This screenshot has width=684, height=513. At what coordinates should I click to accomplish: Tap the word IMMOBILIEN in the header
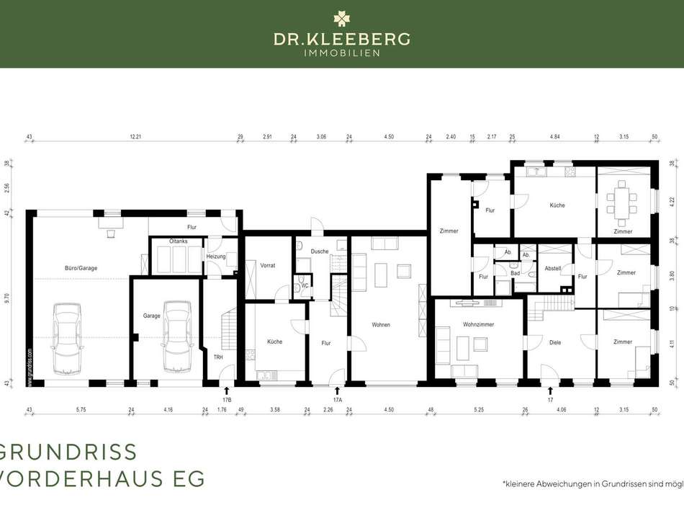coord(341,53)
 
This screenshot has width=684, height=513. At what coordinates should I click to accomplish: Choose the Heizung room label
coord(216,256)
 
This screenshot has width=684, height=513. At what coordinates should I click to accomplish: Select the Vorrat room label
coord(269,245)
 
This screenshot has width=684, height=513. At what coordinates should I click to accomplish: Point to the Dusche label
coord(319,251)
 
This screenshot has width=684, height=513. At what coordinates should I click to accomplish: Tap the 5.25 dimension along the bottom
coord(478,410)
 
